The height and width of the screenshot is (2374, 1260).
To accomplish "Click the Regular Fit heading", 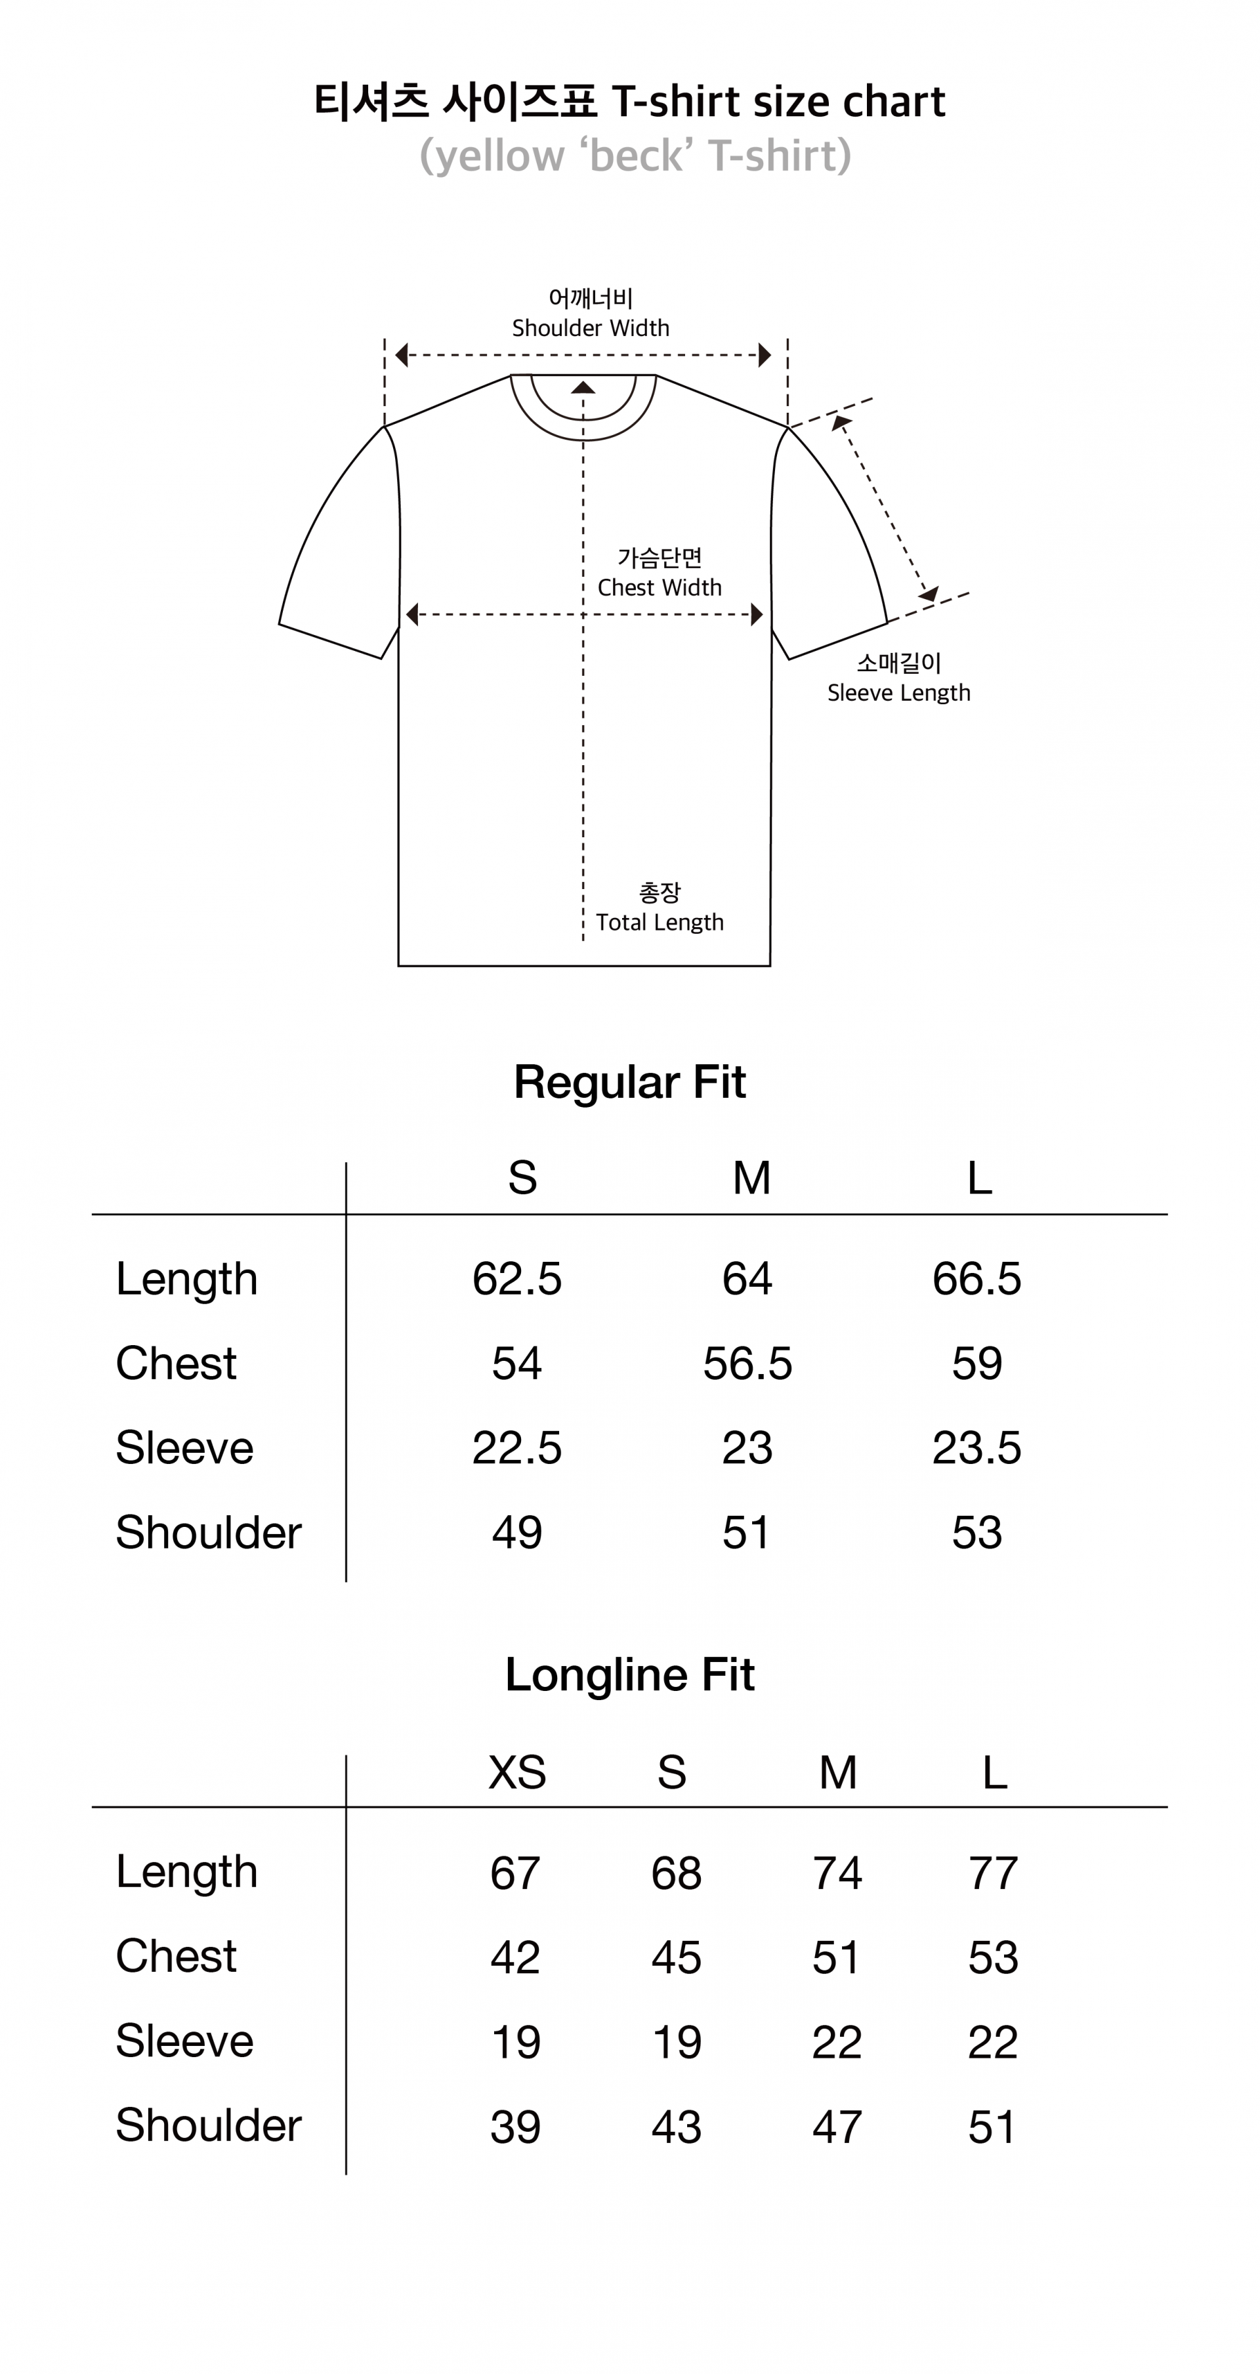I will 629,1082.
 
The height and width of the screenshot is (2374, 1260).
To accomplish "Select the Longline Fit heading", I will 629,1675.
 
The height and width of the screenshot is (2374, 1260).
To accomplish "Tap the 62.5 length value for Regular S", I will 517,1278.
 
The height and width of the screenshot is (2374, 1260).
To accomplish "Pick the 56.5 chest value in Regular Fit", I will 747,1363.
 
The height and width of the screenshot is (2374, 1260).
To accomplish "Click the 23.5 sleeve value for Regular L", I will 977,1447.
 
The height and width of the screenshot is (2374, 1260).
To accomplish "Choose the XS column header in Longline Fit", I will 517,1771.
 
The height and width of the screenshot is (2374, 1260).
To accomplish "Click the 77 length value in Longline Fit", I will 994,1873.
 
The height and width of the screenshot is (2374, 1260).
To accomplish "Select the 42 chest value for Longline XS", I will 515,1957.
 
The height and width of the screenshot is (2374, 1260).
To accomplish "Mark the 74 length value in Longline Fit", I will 837,1873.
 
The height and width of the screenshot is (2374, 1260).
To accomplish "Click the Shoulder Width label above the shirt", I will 591,327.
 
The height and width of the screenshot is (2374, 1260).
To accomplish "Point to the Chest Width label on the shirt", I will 659,587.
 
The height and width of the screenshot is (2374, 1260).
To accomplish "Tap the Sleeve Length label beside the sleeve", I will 898,692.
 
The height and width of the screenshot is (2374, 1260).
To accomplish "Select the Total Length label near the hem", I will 659,922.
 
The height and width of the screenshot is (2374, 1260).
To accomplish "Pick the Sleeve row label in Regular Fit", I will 184,1447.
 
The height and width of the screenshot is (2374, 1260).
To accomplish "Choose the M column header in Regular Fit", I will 751,1178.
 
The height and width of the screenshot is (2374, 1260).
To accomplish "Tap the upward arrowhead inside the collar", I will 583,388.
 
